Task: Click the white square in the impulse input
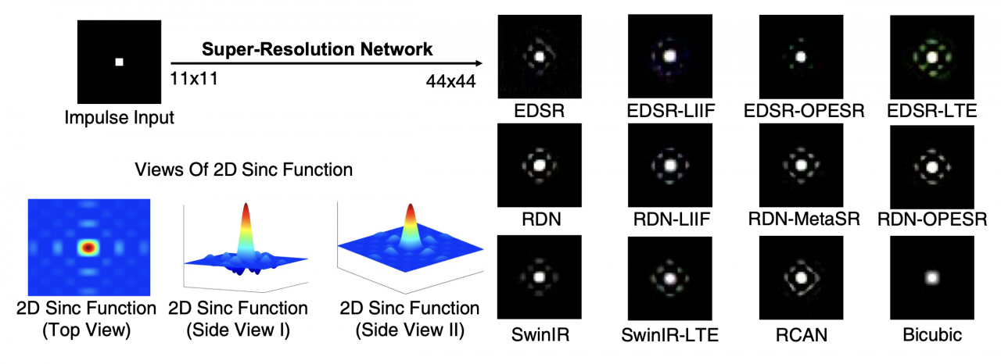coord(120,62)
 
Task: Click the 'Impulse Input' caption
coord(120,117)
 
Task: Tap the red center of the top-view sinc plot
coord(88,248)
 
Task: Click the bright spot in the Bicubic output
coord(931,276)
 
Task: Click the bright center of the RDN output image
coord(538,166)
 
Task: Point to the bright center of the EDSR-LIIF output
coord(669,56)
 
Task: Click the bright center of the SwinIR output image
coord(538,276)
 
